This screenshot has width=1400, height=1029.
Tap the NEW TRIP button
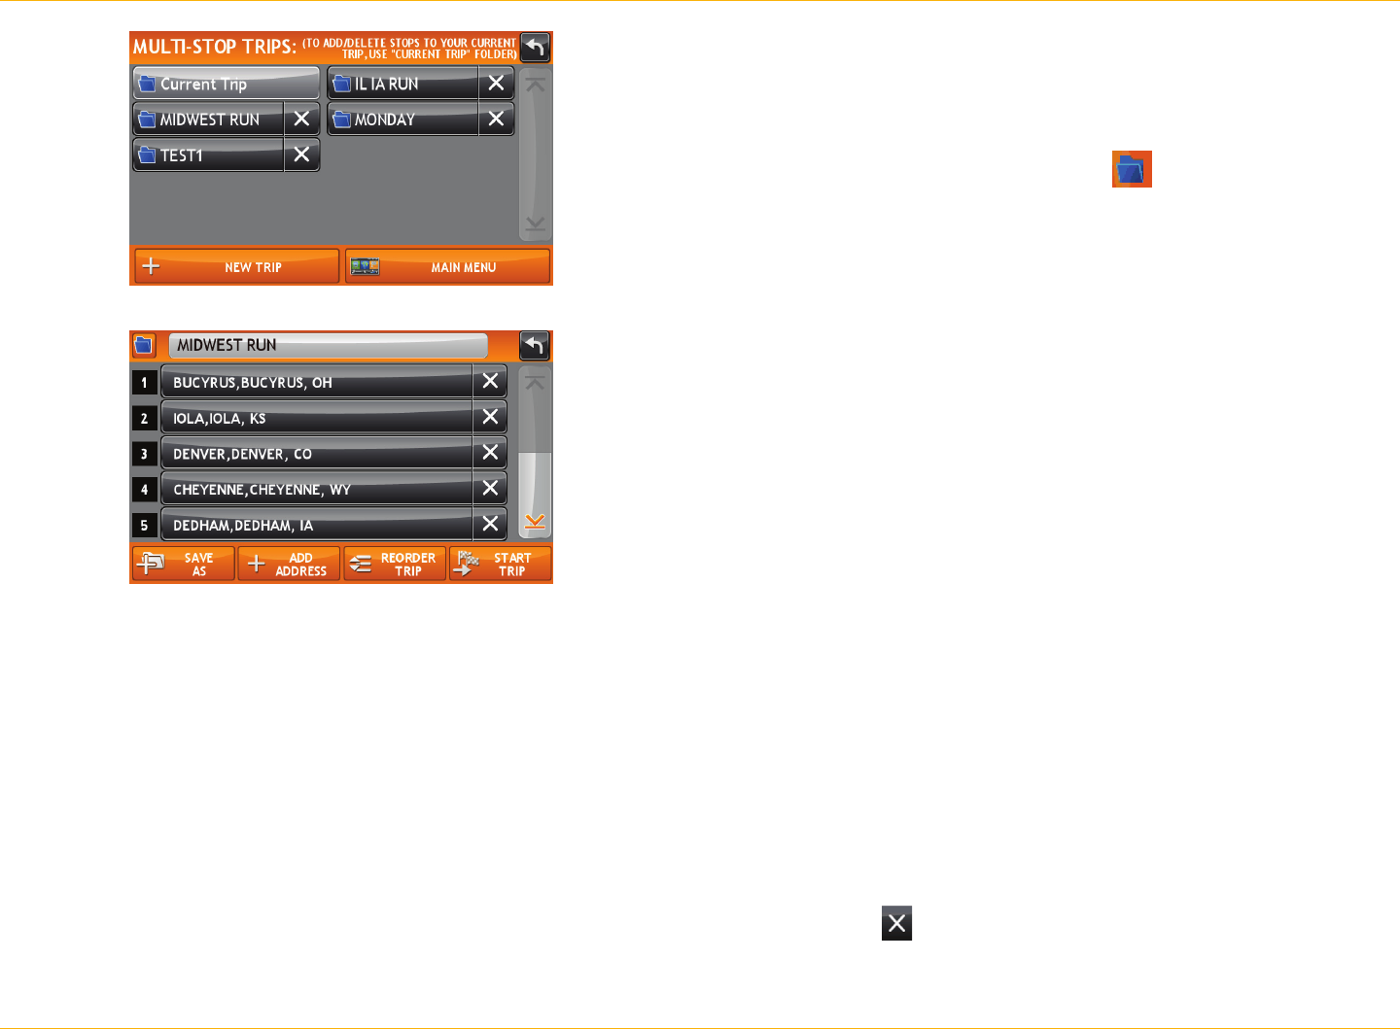236,266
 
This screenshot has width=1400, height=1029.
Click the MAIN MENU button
447,266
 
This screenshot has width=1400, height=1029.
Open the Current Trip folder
226,84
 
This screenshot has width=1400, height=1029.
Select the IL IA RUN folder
402,84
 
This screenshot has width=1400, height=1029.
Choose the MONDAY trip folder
402,120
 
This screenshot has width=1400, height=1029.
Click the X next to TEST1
301,154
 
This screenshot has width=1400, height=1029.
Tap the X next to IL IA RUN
496,84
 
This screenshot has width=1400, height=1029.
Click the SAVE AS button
184,565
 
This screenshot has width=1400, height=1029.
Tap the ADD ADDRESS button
289,565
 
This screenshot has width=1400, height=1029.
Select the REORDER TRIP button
395,565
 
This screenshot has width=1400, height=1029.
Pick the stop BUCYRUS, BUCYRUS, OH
316,383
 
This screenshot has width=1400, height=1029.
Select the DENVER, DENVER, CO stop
316,454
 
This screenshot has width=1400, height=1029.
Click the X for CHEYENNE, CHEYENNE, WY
490,489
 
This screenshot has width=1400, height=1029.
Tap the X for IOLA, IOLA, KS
490,418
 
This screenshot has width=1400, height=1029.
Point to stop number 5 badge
144,526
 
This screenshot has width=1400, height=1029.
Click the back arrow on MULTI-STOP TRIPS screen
535,47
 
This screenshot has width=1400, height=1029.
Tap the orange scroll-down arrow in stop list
535,523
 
